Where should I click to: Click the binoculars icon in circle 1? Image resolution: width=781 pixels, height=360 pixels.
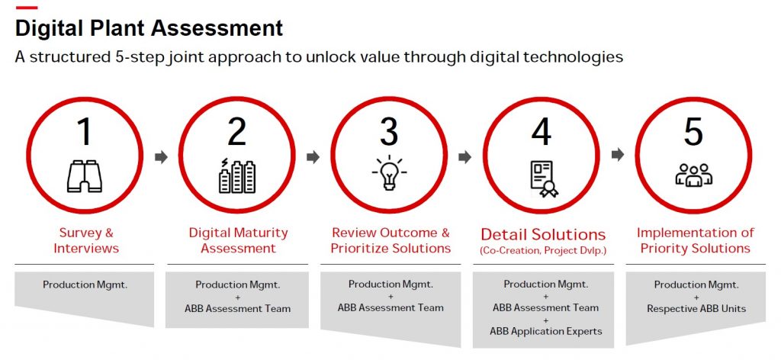click(x=84, y=176)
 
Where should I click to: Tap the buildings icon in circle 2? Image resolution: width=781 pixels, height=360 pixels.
click(x=236, y=176)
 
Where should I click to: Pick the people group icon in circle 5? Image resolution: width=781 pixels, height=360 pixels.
click(x=693, y=175)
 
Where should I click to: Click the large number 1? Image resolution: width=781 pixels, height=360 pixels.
click(x=84, y=131)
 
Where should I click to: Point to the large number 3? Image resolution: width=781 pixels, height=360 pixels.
click(x=389, y=131)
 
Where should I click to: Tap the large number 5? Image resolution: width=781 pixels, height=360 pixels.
click(x=693, y=131)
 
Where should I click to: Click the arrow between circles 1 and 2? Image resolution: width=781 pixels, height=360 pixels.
click(x=160, y=157)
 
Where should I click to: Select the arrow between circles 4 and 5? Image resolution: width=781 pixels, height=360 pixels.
click(x=618, y=155)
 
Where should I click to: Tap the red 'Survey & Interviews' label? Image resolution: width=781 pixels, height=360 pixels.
click(x=85, y=240)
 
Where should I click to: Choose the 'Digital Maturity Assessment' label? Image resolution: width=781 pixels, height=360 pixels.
click(x=238, y=240)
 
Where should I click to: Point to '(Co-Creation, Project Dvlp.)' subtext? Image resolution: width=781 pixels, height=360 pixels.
click(x=543, y=250)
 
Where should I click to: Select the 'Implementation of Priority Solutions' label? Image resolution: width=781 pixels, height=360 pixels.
click(x=695, y=240)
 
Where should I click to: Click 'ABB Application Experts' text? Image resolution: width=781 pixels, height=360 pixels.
click(x=545, y=330)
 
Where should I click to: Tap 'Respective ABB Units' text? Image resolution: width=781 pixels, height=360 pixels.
click(x=695, y=309)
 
